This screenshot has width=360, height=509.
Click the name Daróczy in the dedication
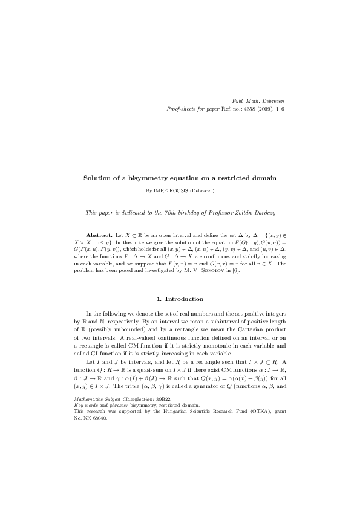coord(260,213)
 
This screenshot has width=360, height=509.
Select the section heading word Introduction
coord(185,299)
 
